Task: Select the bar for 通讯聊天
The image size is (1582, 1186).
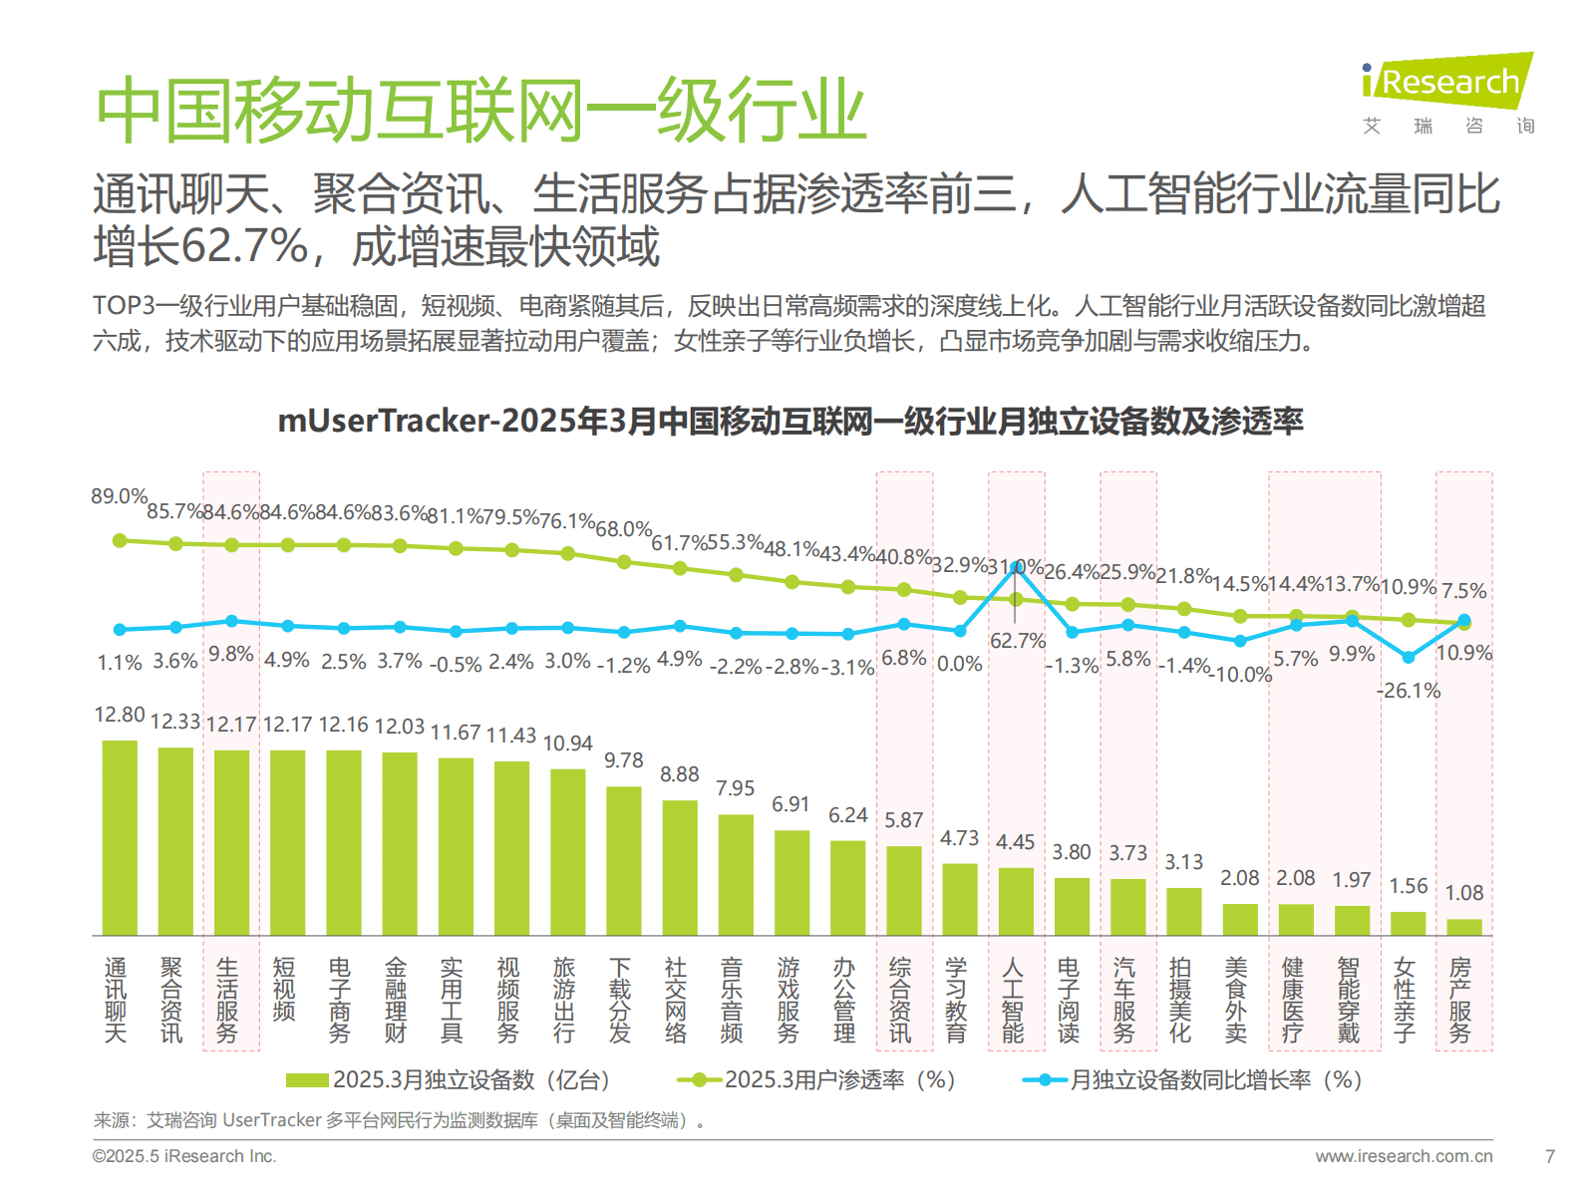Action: tap(120, 837)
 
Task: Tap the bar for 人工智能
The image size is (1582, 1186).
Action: tap(1016, 901)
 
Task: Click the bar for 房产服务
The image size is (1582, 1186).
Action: tap(1463, 927)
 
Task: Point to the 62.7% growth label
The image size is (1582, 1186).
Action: tap(1018, 641)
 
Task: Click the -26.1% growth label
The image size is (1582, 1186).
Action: tap(1408, 690)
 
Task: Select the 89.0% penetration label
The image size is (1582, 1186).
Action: tap(119, 496)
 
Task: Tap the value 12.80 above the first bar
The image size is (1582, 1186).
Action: tap(120, 715)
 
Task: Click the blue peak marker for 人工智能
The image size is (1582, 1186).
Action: tap(1016, 566)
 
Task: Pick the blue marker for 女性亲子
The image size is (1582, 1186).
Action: tap(1408, 658)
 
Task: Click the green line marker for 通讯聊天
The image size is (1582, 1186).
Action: tap(120, 540)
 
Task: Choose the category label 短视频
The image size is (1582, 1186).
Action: tap(284, 990)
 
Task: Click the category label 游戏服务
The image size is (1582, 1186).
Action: tap(789, 1000)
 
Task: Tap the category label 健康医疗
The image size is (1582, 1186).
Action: tap(1293, 1000)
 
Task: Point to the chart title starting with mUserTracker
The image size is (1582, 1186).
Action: tap(790, 422)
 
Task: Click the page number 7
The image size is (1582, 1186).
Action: tap(1549, 1156)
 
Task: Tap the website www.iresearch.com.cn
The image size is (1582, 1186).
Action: tap(1404, 1156)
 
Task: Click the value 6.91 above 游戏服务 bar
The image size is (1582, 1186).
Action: tap(791, 804)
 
